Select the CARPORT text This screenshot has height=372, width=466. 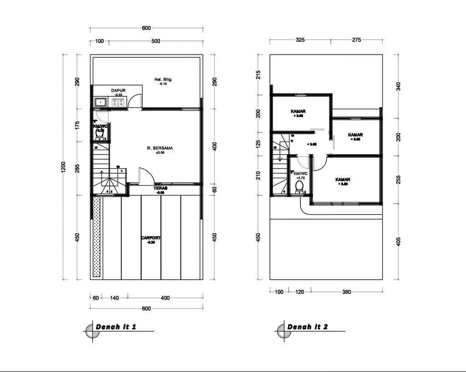point(151,238)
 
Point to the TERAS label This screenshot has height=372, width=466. point(160,188)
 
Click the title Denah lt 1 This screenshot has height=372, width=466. point(116,327)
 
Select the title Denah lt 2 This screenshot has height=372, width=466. point(307,327)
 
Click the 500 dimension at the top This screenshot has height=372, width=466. point(156,41)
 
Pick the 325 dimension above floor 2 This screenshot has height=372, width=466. point(300,40)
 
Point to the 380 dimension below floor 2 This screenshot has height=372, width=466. point(346,292)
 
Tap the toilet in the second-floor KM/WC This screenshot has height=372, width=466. point(299,186)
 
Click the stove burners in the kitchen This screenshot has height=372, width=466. point(118,102)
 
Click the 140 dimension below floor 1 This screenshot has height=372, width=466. point(114,298)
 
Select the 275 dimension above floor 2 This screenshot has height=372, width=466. point(356,40)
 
